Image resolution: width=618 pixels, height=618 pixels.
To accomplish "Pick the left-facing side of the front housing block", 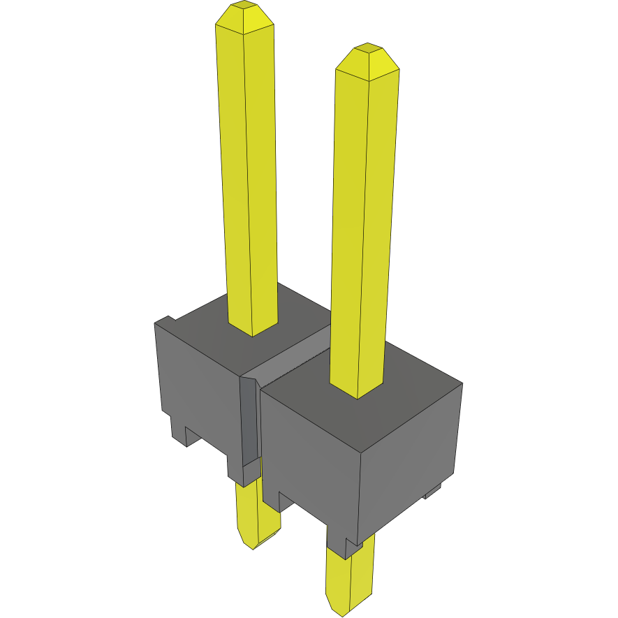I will tap(307, 447).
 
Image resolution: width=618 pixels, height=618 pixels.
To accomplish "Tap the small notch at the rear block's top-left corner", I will tap(164, 321).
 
